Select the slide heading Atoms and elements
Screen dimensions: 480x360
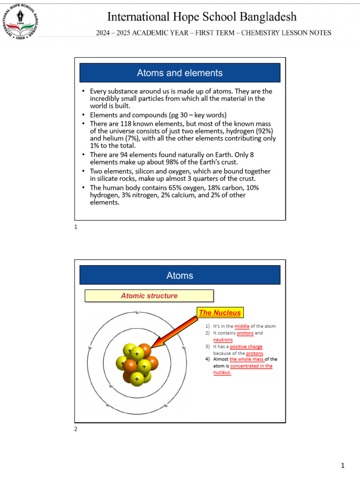point(180,73)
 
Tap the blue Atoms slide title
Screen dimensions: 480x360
point(180,275)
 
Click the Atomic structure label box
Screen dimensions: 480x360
point(149,296)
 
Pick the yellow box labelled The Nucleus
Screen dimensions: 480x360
point(220,313)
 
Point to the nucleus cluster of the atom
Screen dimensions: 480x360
point(137,364)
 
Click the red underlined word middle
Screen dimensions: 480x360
point(242,326)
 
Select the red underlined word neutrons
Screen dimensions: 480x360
point(223,340)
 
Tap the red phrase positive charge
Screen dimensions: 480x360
point(246,347)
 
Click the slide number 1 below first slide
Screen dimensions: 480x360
point(76,227)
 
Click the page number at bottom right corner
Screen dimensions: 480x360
point(343,465)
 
